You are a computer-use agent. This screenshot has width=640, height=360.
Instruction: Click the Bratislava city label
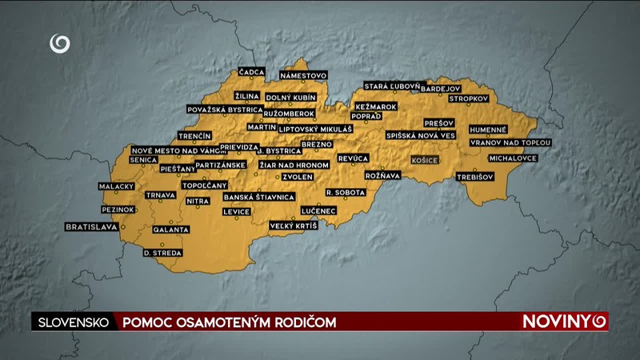(91, 227)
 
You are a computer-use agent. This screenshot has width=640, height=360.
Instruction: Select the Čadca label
(251, 72)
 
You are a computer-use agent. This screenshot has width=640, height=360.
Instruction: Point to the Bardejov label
(441, 88)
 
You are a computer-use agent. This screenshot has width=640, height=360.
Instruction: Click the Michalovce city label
(513, 158)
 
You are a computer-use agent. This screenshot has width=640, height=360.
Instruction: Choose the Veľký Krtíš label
(293, 226)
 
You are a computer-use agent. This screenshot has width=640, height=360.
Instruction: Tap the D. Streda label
(162, 253)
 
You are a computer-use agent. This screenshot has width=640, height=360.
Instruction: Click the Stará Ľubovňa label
(391, 86)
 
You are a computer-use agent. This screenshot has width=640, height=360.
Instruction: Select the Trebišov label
(476, 177)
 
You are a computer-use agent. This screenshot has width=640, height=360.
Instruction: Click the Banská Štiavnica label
(259, 197)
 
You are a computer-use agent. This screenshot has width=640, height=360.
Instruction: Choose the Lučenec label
(318, 210)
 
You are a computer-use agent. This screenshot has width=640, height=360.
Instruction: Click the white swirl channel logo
(60, 43)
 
